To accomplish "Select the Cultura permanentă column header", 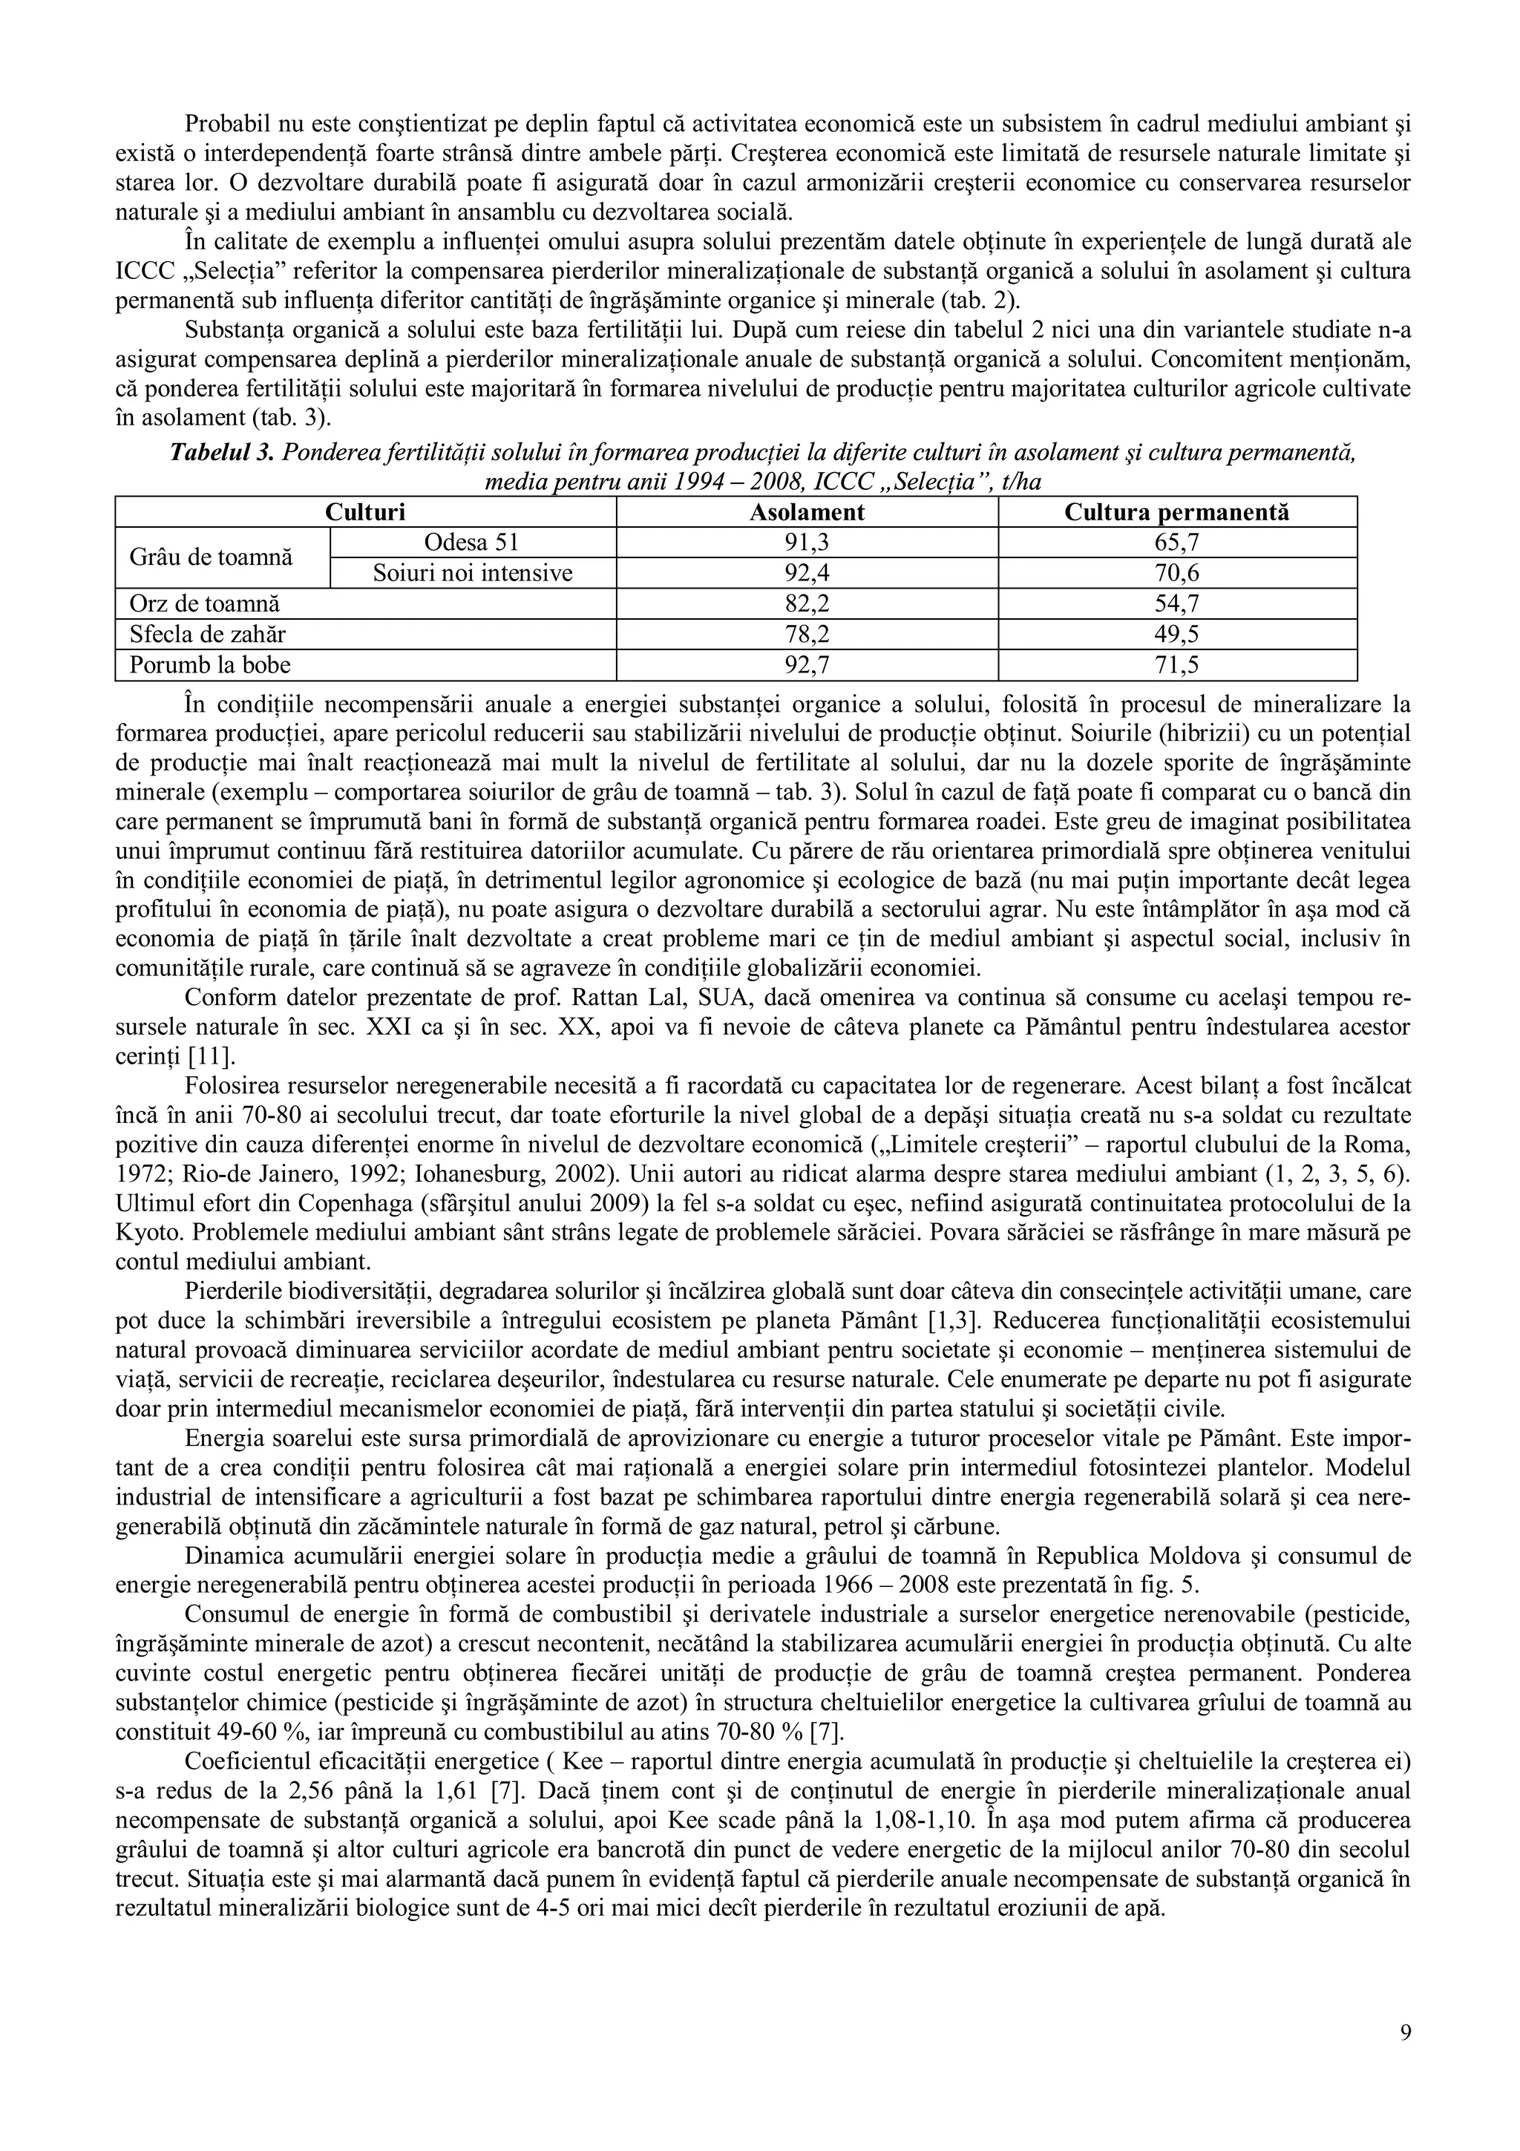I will (1176, 512).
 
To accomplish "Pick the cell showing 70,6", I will (1176, 573).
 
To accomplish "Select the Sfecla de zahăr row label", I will (208, 635).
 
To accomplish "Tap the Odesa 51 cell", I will (472, 543).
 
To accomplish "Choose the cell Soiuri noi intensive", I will (472, 573).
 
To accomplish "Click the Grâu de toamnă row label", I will (211, 557).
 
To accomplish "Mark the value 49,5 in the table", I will (1176, 635).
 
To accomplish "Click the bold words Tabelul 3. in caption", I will (221, 454).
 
